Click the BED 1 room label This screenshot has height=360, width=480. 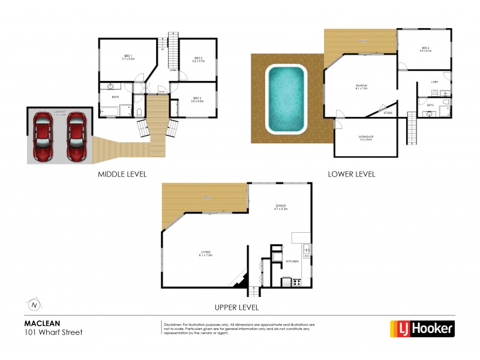pos(128,58)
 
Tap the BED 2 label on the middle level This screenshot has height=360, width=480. pos(197,59)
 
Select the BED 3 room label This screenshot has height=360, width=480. pos(198,99)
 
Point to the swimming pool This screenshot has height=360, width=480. pos(286,99)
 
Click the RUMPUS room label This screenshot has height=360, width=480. pos(361,88)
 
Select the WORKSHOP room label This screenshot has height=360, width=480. pos(366,137)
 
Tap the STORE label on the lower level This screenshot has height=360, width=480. pos(388,112)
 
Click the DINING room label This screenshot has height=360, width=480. pos(281,208)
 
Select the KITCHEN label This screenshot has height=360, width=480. pos(292,262)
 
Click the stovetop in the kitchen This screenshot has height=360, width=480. pos(296,283)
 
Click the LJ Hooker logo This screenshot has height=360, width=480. pos(422,328)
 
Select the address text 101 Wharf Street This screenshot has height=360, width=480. pos(53,332)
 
